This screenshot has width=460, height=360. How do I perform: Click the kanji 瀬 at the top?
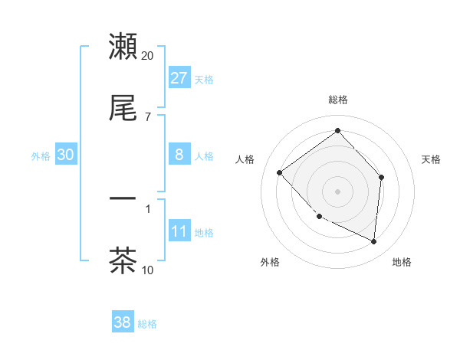123,47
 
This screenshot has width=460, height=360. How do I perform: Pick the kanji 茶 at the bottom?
123,260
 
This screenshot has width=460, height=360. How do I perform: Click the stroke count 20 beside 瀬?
148,56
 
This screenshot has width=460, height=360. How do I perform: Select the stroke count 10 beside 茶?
148,270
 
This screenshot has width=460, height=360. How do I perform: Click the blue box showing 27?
179,78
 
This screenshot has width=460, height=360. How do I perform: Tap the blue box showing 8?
179,155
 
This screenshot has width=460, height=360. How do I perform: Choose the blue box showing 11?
179,231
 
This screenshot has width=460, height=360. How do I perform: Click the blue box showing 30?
66,155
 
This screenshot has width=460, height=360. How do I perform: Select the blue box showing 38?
122,322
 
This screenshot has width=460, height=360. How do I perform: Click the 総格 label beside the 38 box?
147,324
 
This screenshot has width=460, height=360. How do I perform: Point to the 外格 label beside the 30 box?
41,156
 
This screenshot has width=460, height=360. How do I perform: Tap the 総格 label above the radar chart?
338,100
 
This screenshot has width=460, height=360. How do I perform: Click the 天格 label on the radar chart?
432,159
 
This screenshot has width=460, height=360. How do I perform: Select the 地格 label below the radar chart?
402,262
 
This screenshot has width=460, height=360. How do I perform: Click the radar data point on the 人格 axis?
280,172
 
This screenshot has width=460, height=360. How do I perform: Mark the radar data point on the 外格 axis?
320,217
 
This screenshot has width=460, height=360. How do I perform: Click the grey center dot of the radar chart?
338,191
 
